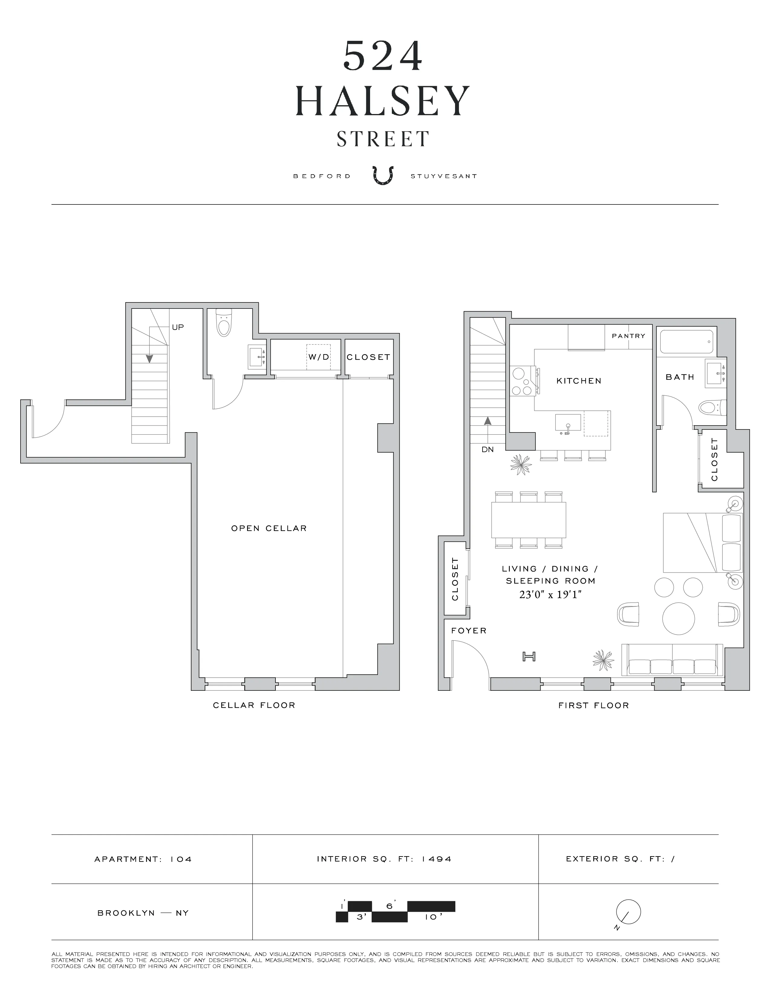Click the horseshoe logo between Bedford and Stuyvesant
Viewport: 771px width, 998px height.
pos(382,175)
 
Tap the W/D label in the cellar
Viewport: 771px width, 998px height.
pos(318,357)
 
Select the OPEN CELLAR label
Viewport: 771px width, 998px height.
pos(268,528)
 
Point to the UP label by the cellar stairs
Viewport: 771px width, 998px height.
pos(178,327)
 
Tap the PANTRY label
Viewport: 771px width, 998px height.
pos(629,336)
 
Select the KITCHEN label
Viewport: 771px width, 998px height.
pos(579,381)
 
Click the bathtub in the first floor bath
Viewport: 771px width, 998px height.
pos(686,341)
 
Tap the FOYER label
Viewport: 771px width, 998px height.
pos(469,631)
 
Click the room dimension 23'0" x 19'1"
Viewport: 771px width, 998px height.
pos(550,595)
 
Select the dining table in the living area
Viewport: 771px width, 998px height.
pos(529,520)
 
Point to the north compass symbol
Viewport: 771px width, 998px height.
pos(628,912)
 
